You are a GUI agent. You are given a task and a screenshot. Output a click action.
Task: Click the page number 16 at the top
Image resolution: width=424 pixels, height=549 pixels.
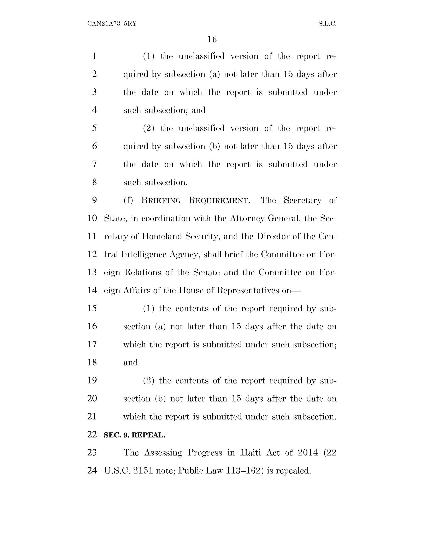point(212,39)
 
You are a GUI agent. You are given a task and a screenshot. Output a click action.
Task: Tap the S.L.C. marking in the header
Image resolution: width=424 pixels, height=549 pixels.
point(327,24)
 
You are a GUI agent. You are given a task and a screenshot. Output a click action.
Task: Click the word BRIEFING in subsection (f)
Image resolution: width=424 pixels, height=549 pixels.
point(161,201)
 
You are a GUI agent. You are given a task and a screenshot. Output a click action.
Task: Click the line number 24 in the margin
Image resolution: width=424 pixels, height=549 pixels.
point(92,470)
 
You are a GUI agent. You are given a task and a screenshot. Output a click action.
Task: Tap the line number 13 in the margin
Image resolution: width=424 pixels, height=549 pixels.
point(92,272)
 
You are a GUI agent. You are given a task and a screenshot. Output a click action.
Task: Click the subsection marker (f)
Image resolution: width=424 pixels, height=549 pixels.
point(128,201)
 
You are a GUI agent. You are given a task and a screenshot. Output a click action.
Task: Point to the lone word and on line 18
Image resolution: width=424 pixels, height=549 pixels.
point(130,363)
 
